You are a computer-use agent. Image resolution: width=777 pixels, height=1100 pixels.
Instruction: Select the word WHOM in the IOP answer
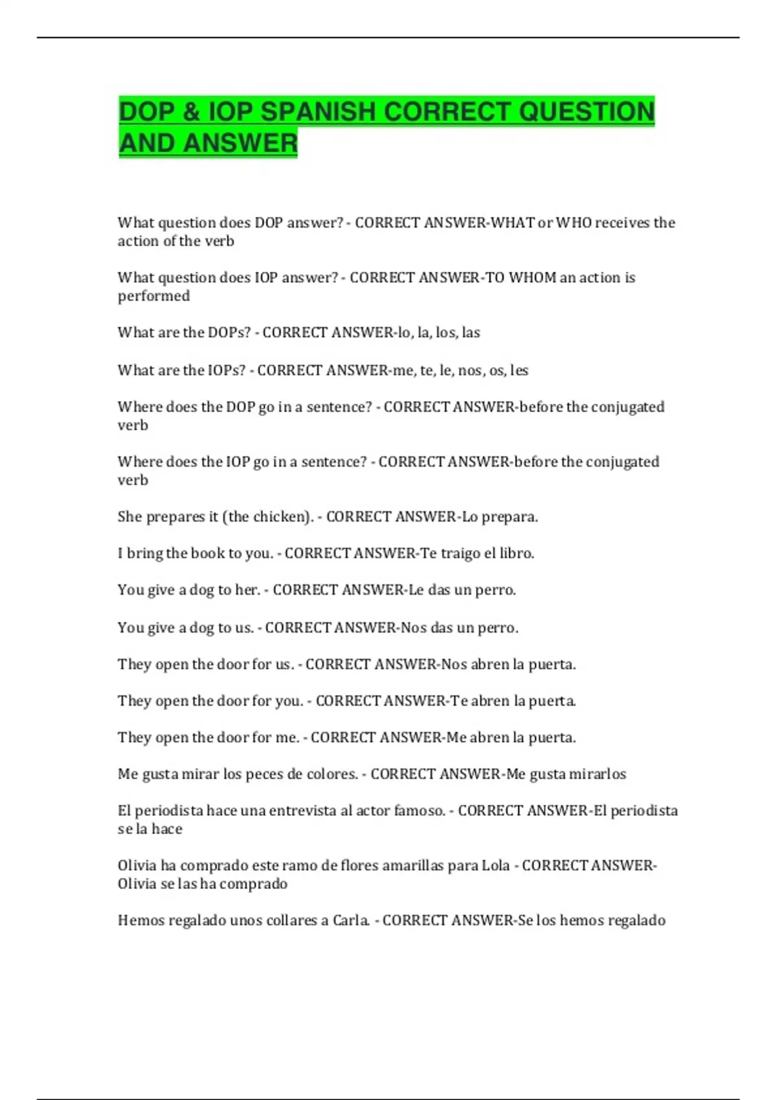pyautogui.click(x=532, y=278)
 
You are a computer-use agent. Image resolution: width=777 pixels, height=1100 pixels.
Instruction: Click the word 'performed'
pyautogui.click(x=153, y=296)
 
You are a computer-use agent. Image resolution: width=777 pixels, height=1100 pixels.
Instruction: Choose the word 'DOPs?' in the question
pyautogui.click(x=229, y=333)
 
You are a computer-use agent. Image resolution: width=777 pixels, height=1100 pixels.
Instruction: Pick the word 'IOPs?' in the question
pyautogui.click(x=227, y=370)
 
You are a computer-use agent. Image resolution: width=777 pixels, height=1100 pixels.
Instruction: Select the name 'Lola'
pyautogui.click(x=495, y=866)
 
